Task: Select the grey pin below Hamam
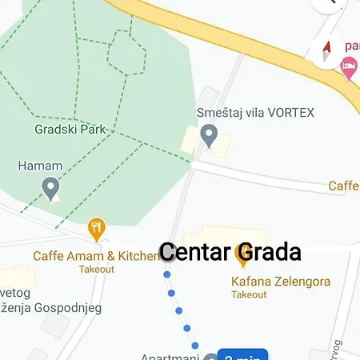pos(51,190)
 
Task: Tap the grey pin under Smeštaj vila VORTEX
pos(209,135)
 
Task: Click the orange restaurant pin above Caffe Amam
pos(97,230)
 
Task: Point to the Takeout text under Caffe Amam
pos(96,270)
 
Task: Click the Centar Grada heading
pos(230,252)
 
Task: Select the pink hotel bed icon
pos(348,70)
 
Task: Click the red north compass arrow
pos(326,53)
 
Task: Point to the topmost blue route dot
pos(166,274)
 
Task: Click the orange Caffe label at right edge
pos(343,186)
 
